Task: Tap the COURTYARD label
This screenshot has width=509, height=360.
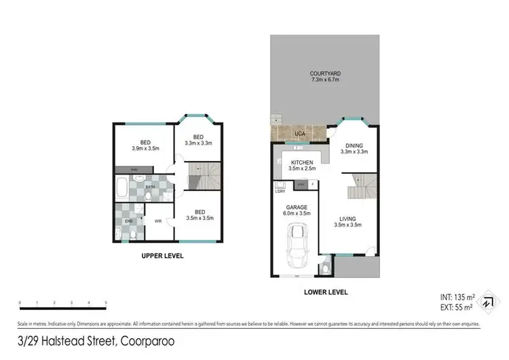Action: [x=324, y=74]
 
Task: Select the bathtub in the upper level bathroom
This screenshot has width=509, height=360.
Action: [x=122, y=187]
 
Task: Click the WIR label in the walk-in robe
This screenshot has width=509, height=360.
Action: [x=158, y=221]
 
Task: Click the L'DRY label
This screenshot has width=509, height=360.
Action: [x=280, y=192]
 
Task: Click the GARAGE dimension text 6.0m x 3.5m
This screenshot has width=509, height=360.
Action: [x=296, y=213]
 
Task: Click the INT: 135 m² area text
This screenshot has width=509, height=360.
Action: [x=457, y=297]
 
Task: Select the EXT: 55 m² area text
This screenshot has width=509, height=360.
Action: [x=457, y=308]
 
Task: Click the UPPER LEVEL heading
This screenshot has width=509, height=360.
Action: [x=162, y=256]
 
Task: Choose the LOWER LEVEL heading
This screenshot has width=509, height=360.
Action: [x=326, y=292]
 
